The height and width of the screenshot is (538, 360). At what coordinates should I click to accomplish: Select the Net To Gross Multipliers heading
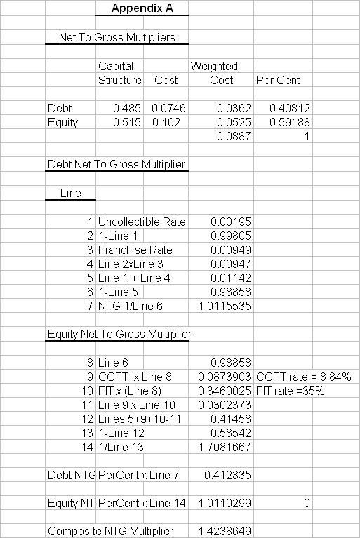pyautogui.click(x=116, y=38)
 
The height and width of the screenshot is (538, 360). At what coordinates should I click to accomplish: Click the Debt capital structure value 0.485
pyautogui.click(x=127, y=109)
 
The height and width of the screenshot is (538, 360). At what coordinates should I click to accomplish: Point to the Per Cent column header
pyautogui.click(x=278, y=81)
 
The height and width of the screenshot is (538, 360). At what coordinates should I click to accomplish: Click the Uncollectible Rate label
pyautogui.click(x=142, y=222)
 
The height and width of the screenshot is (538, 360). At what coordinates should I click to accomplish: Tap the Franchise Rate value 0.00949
pyautogui.click(x=231, y=250)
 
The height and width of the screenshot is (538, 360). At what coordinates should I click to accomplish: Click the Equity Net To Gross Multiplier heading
pyautogui.click(x=119, y=335)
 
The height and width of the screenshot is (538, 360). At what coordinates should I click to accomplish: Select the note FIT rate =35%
pyautogui.click(x=291, y=391)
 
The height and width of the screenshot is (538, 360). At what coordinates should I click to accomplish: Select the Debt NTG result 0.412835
pyautogui.click(x=227, y=475)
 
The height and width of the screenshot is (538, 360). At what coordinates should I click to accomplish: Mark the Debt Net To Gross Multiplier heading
pyautogui.click(x=116, y=165)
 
